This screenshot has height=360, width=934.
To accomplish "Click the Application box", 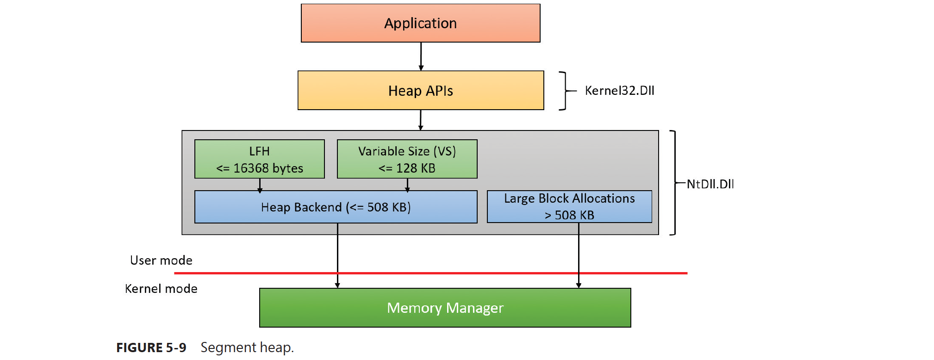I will coord(420,23).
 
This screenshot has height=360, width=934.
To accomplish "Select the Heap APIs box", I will coord(420,90).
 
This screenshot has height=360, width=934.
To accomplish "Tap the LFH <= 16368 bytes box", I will coord(259,159).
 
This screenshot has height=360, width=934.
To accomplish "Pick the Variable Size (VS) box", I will coord(407,159).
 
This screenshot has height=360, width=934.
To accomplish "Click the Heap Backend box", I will coord(336,207).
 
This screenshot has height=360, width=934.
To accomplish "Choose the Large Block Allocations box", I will coord(569,206).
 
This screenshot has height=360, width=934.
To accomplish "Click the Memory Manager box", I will coord(445,308).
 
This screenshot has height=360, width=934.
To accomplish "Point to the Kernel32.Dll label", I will coord(619,91).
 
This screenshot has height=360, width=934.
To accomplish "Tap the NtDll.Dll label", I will coord(710,184).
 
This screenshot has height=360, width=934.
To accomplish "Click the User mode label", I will coord(161,260).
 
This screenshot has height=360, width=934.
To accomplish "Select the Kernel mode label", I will coord(161,289).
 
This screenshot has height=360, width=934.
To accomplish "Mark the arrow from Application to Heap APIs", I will coord(421,56).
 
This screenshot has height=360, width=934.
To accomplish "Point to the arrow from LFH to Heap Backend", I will coord(260,185).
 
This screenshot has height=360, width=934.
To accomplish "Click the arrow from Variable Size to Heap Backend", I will coord(407,185).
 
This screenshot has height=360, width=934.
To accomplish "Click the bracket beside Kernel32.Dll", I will coord(564,91).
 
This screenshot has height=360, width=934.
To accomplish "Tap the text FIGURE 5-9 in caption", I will coord(151,348).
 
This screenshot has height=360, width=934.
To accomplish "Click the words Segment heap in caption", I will coord(247,348).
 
